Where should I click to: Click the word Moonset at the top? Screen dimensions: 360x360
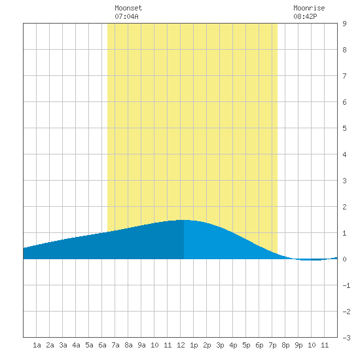coord(128,8)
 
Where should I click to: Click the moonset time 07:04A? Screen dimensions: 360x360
coord(126,16)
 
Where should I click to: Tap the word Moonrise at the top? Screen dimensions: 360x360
coord(309,8)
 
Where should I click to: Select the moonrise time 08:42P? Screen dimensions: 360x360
coord(305,16)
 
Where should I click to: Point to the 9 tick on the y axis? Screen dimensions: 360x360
coord(344,24)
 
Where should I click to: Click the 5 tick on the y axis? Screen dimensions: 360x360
coord(344,128)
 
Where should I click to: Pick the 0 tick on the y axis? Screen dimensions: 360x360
coord(344,259)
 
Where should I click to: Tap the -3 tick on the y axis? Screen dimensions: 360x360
coord(346,338)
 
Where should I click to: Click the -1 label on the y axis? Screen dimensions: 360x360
coord(346,285)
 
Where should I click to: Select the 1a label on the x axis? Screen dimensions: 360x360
coord(37,345)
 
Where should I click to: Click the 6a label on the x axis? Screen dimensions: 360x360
coord(102,345)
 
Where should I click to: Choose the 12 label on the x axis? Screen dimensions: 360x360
coord(181,345)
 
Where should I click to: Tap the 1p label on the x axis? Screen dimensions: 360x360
coord(194,345)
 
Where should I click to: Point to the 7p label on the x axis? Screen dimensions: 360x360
coord(272,345)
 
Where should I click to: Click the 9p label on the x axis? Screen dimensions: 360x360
coord(298,345)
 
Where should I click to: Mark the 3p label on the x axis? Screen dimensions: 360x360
coord(220,345)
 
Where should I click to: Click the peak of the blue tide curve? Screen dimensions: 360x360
coord(184,220)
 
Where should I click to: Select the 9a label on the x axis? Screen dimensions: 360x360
coord(141,345)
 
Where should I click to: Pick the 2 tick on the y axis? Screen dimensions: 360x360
coord(344,207)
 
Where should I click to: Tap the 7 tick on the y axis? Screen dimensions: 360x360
coord(344,76)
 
